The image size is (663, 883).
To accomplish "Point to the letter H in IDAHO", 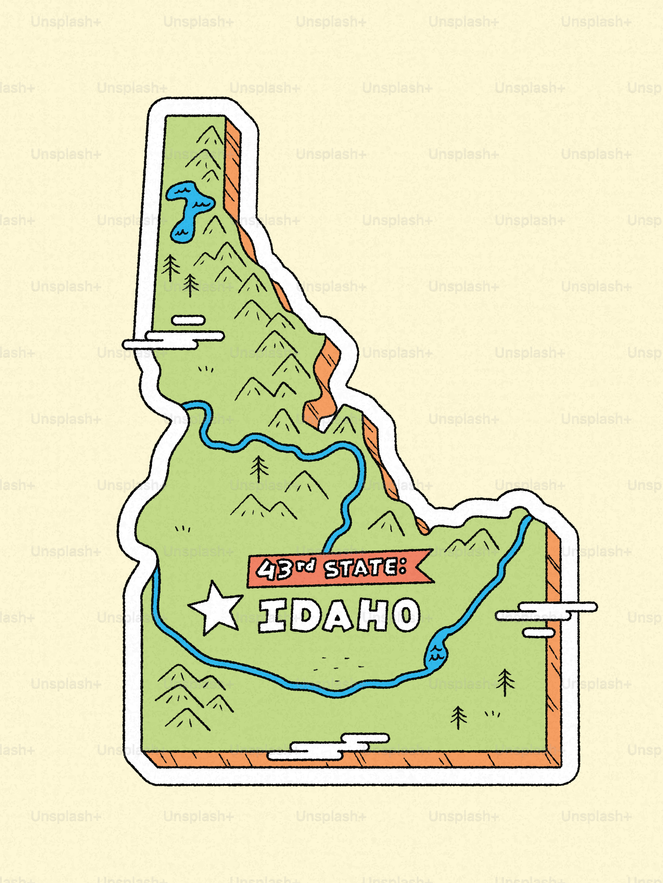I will pos(373,615).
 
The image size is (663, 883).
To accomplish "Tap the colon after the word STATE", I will pos(402,566).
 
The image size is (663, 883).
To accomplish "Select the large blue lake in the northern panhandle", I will pos(188,208).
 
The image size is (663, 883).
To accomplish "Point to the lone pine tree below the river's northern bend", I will pos(259,468).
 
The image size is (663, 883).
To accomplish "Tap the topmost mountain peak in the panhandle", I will pos(210,135).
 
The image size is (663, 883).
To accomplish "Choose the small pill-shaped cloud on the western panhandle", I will pos(188,320).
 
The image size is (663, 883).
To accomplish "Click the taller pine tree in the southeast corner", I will pos(505,681).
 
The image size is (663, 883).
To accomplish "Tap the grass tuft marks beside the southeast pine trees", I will pos(492,713).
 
